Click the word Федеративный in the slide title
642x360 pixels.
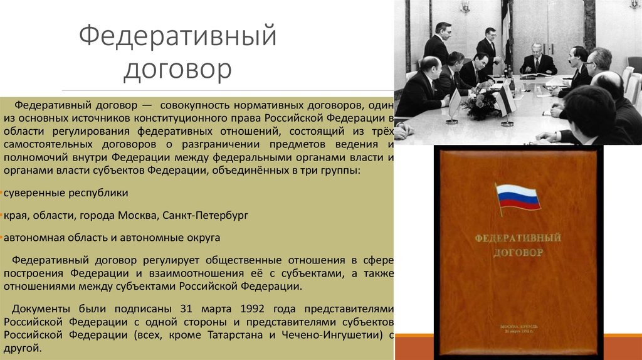point(178,36)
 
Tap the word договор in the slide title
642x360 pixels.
point(177,69)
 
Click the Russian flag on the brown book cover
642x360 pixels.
point(518,197)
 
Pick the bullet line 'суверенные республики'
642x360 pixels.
point(66,193)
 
